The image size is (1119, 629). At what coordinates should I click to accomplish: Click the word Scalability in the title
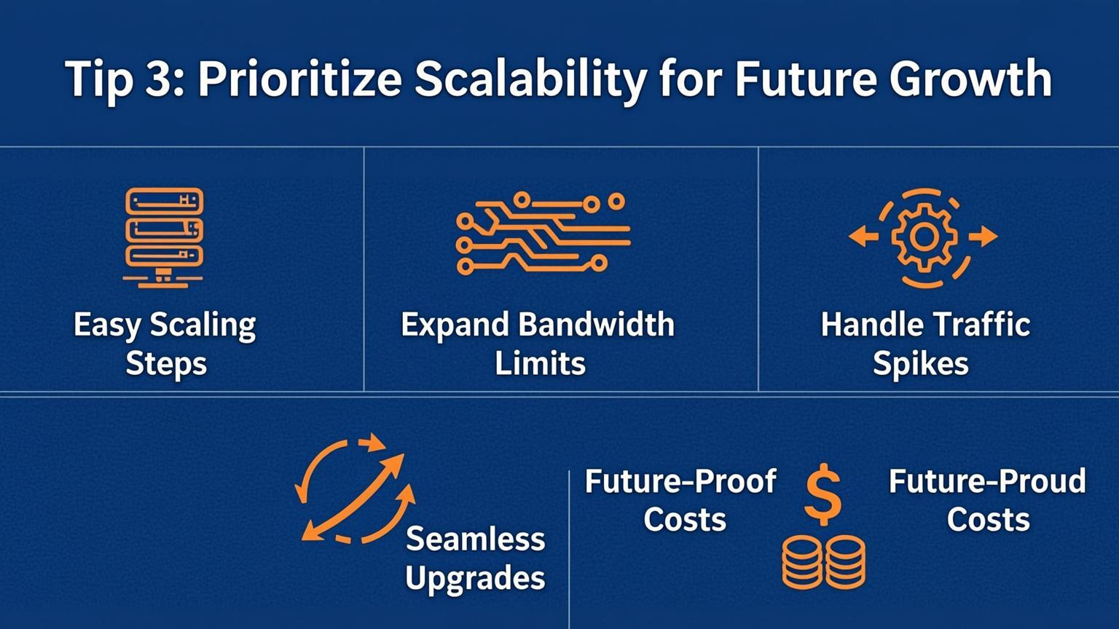(530, 80)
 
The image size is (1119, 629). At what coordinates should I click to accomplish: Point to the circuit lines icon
(543, 232)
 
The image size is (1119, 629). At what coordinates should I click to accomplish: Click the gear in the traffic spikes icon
(924, 237)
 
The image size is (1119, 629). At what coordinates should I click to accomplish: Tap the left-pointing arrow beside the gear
(863, 236)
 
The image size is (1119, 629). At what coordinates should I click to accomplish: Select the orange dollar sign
(823, 494)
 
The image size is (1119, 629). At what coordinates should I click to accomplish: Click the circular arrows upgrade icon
(355, 488)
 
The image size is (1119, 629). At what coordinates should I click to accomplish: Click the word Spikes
(921, 363)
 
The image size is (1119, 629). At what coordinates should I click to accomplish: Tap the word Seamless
(475, 539)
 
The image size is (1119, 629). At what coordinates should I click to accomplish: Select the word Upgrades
(475, 579)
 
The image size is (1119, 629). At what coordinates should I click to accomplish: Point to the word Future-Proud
(987, 481)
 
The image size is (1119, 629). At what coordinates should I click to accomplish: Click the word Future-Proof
(680, 481)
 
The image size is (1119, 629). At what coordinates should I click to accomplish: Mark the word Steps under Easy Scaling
(166, 363)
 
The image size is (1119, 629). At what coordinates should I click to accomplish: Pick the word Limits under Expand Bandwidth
(540, 363)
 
